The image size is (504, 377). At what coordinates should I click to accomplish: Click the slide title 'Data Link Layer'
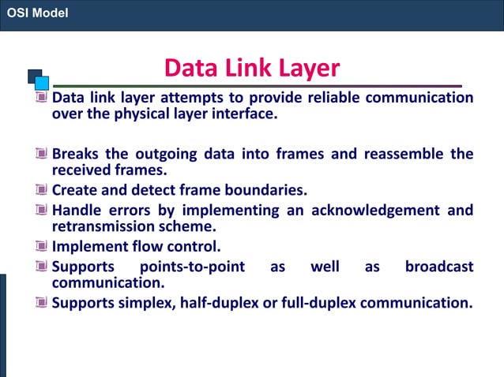pyautogui.click(x=251, y=68)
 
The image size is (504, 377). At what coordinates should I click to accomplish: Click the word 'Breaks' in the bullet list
pyautogui.click(x=76, y=153)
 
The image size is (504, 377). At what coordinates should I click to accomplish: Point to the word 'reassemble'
pyautogui.click(x=404, y=153)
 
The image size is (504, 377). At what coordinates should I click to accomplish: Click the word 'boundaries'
pyautogui.click(x=265, y=190)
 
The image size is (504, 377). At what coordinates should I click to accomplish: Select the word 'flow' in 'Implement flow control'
pyautogui.click(x=137, y=245)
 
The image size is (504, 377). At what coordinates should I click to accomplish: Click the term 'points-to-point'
pyautogui.click(x=192, y=267)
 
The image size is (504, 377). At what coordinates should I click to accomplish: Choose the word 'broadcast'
pyautogui.click(x=439, y=267)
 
